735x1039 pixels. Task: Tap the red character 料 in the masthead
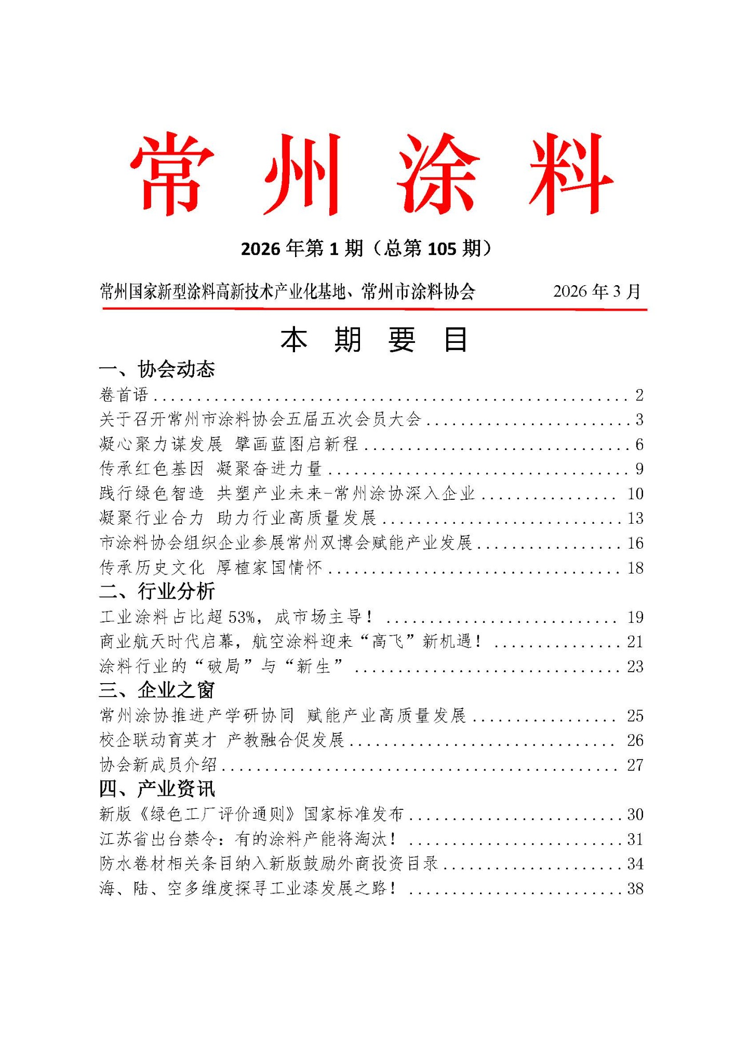click(571, 174)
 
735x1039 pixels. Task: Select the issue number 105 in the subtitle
click(442, 249)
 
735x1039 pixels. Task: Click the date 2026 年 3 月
click(597, 291)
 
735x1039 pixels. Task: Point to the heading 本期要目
click(374, 340)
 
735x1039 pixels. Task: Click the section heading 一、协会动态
click(157, 369)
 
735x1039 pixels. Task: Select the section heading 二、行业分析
click(157, 591)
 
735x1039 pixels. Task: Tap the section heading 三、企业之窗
click(157, 690)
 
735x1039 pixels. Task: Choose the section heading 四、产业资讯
click(157, 789)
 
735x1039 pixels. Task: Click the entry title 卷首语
click(124, 395)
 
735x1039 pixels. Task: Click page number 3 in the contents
click(639, 419)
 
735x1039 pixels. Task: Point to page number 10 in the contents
click(635, 494)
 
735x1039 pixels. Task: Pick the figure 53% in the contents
click(242, 617)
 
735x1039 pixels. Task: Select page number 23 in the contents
click(635, 667)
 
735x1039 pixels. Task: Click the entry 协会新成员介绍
click(158, 765)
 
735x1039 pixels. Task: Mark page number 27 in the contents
click(635, 765)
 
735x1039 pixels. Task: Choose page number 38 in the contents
click(635, 888)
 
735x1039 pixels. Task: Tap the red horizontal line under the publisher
click(374, 309)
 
